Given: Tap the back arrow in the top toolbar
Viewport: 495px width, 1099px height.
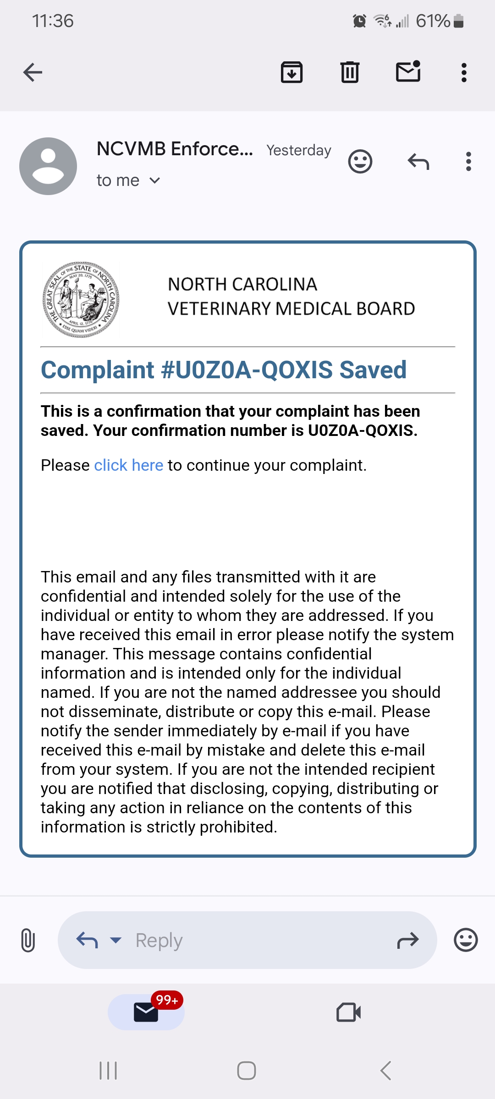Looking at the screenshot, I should click(x=33, y=72).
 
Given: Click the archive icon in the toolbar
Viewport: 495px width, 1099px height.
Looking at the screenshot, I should click(x=291, y=72).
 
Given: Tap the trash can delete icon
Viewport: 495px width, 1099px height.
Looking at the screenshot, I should click(x=350, y=72).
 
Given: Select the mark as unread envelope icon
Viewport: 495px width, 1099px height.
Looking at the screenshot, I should click(x=408, y=72).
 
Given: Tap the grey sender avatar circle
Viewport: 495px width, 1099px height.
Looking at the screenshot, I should click(x=48, y=166).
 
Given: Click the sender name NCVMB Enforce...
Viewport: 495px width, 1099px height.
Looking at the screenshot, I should click(x=175, y=149).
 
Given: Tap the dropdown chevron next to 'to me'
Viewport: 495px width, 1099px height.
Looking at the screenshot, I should click(x=155, y=181).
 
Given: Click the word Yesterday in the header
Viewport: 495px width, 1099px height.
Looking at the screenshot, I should click(x=299, y=150).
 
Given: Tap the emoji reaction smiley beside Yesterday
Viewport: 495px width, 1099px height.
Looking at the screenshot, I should click(x=360, y=162).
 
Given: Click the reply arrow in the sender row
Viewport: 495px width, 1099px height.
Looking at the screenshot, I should click(x=418, y=162).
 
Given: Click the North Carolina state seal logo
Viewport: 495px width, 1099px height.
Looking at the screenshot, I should click(x=81, y=300).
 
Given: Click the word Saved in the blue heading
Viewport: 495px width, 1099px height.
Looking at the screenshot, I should click(x=373, y=370).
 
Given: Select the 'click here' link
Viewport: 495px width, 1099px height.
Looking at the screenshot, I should click(x=128, y=465).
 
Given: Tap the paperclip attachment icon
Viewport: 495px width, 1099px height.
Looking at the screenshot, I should click(x=28, y=940).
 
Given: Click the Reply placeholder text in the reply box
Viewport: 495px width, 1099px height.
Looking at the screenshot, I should click(x=159, y=941).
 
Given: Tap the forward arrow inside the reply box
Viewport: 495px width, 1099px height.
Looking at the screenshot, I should click(x=408, y=941).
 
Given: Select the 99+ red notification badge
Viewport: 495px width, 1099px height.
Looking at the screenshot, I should click(x=167, y=1000).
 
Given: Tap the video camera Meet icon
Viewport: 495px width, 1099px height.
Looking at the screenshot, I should click(x=348, y=1012).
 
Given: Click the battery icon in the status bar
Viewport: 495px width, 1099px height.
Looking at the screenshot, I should click(x=458, y=21).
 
